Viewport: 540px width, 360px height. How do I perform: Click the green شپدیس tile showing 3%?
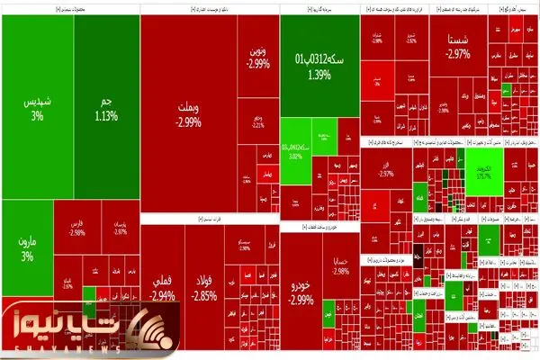(37, 107)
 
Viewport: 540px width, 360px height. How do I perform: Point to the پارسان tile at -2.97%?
(120, 225)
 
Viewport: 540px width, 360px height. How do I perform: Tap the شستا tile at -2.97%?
(456, 47)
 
